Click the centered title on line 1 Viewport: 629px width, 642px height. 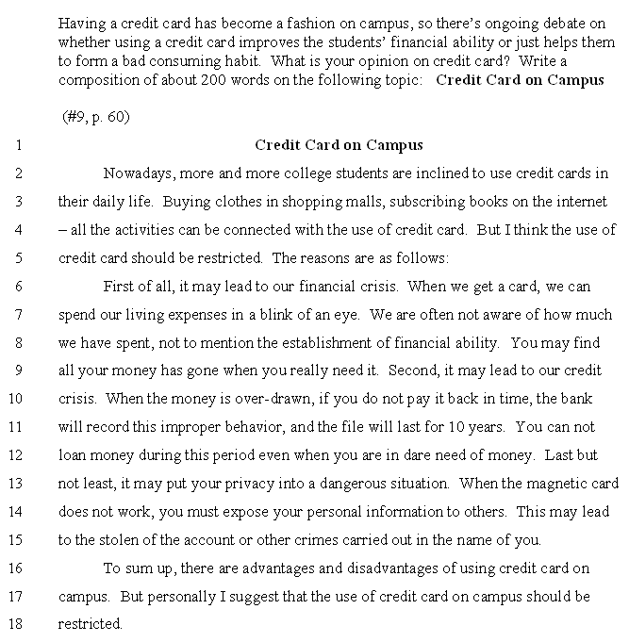(x=339, y=145)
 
